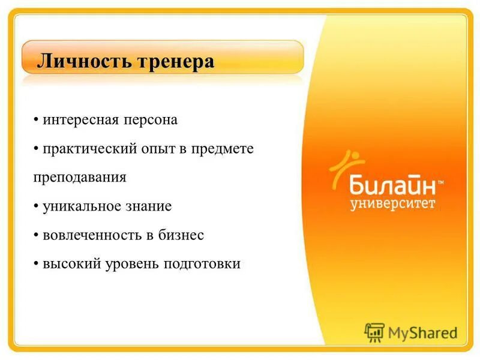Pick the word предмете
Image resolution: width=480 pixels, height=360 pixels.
pyautogui.click(x=223, y=148)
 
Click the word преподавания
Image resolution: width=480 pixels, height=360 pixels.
pyautogui.click(x=79, y=178)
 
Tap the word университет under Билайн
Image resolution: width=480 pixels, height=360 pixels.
pyautogui.click(x=393, y=203)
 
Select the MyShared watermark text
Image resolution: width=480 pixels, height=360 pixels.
pyautogui.click(x=422, y=332)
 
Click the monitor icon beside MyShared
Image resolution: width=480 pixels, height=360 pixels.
pyautogui.click(x=374, y=332)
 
